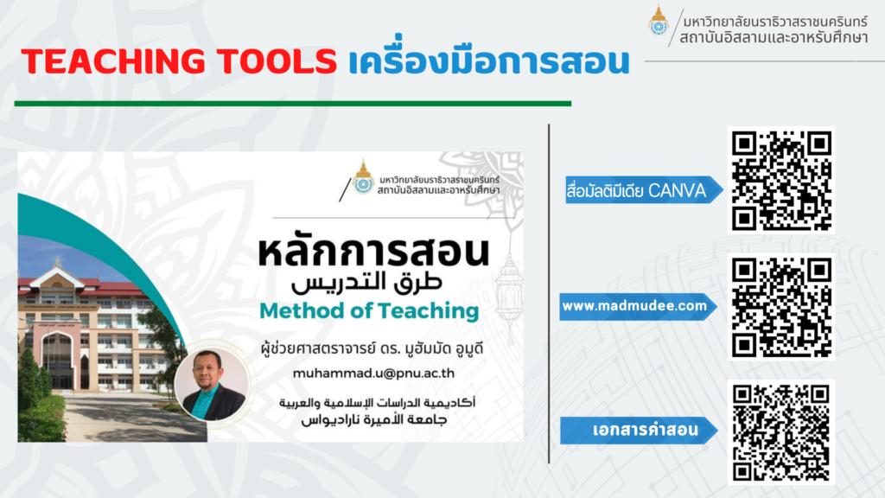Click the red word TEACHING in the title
[x=114, y=61]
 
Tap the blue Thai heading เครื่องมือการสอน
[x=489, y=60]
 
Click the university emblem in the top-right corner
[x=658, y=21]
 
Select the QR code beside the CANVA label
[x=781, y=181]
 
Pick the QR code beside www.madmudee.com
[x=781, y=307]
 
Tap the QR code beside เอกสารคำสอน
[x=781, y=432]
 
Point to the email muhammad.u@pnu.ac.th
[x=373, y=373]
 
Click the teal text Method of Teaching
[x=369, y=311]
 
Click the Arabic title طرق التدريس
[x=366, y=284]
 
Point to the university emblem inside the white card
[x=363, y=178]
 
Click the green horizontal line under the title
[x=293, y=104]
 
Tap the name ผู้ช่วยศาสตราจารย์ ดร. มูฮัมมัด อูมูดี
[x=372, y=349]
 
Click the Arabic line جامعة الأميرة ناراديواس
[x=374, y=420]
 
